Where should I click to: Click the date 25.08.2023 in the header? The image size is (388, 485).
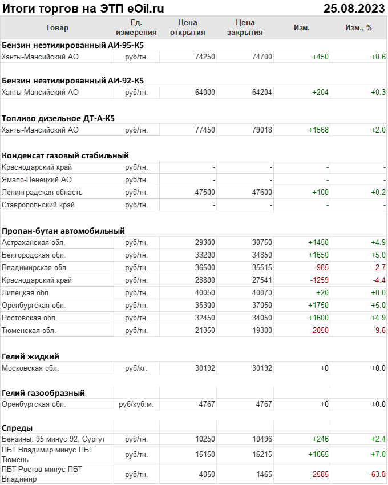[354, 8]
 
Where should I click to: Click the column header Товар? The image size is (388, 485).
[56, 27]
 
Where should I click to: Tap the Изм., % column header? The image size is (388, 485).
[358, 27]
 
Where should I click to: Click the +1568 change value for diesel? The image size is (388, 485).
[318, 130]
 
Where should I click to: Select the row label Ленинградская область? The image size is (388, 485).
[42, 192]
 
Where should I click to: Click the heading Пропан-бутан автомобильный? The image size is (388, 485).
[63, 231]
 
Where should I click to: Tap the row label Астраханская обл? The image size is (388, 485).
[34, 243]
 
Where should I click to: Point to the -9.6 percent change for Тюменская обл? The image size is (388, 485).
[378, 331]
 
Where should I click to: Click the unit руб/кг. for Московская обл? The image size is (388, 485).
[136, 368]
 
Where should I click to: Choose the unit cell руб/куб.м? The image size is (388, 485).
[136, 404]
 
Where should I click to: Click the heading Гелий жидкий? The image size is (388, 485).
[31, 356]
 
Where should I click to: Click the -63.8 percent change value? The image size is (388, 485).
[376, 474]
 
